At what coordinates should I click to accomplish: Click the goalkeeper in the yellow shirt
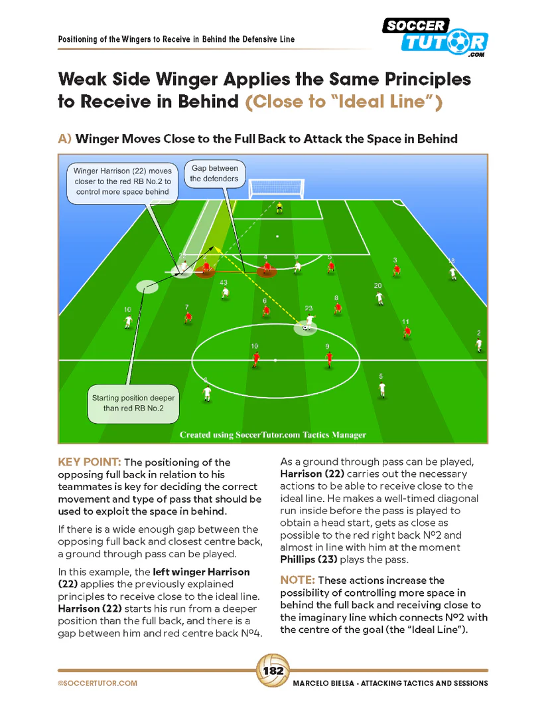point(279,208)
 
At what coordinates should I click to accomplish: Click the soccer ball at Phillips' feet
point(305,327)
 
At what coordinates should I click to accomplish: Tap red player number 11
point(407,331)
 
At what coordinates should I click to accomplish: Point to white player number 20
point(379,297)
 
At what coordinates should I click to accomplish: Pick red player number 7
point(188,317)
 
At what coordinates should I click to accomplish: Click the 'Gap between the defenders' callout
point(214,173)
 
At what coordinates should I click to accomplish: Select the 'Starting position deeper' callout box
point(134,403)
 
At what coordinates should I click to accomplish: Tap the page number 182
point(273,671)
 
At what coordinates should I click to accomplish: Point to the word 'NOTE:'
point(300,580)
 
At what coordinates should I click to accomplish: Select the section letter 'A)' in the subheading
point(64,139)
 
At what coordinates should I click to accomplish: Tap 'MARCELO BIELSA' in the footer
point(324,683)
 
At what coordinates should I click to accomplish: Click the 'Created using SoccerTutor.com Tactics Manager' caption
point(273,435)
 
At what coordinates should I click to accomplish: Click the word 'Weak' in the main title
point(82,80)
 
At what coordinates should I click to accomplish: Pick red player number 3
point(396,269)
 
